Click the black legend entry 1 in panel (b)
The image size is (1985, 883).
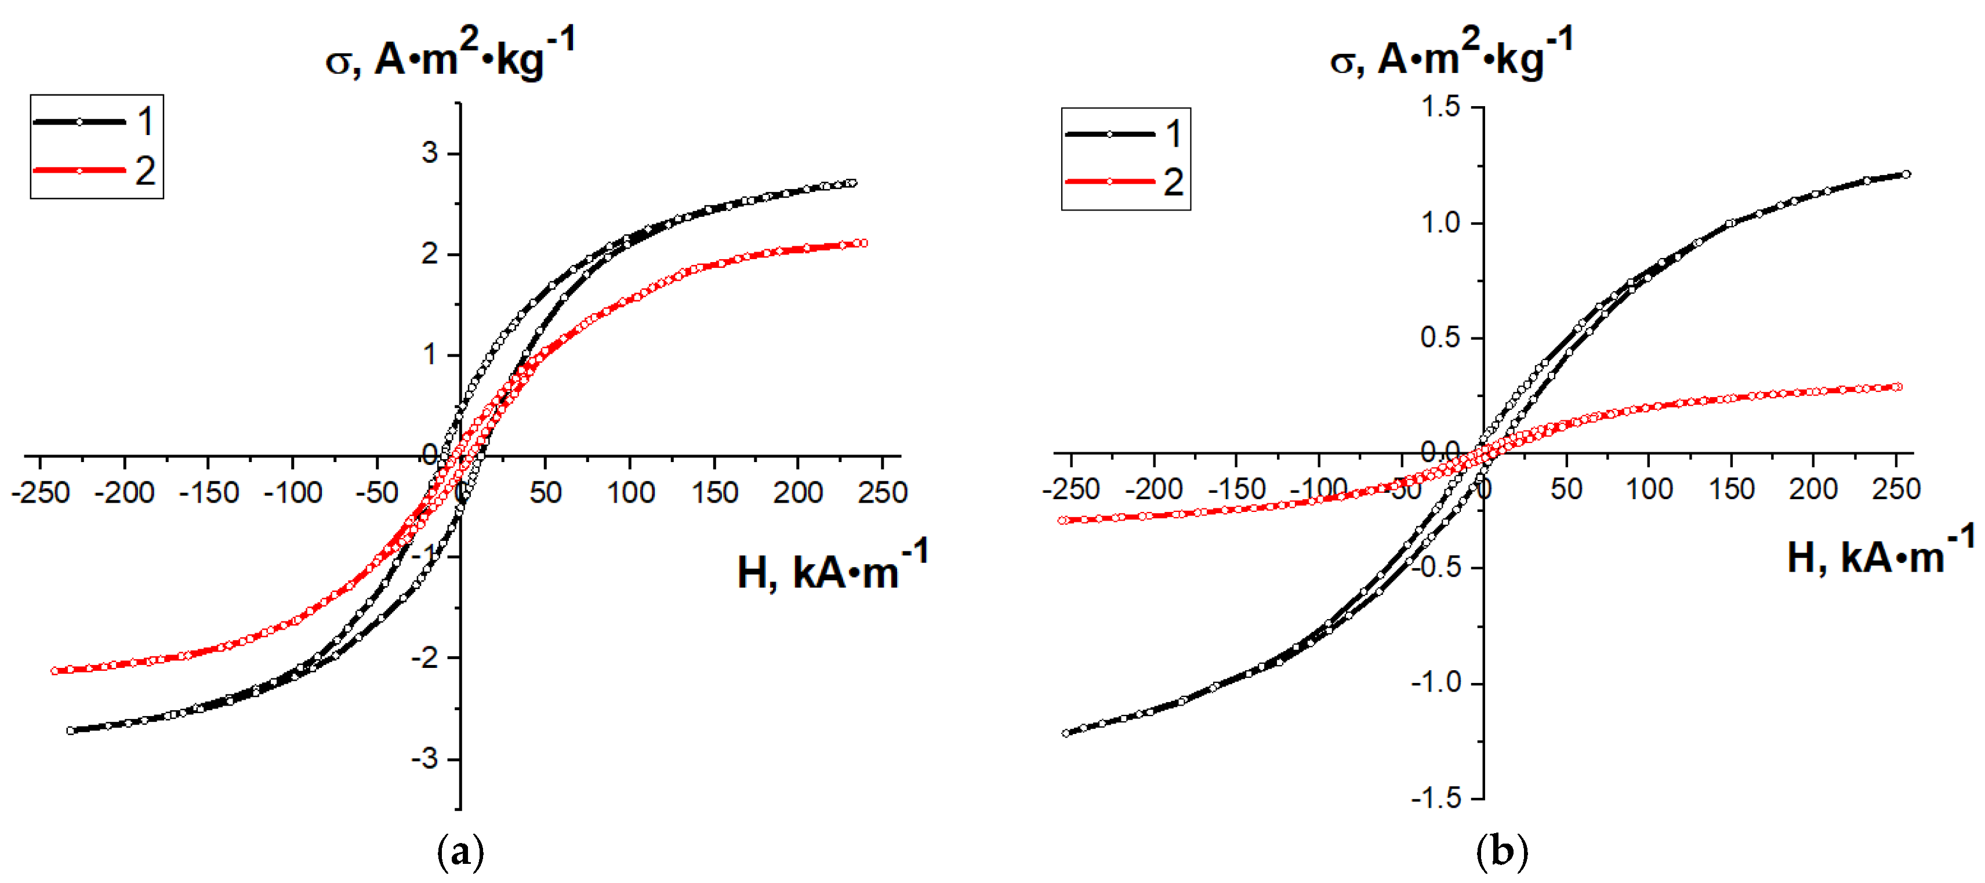point(1125,134)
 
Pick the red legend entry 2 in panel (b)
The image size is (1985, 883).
point(1125,182)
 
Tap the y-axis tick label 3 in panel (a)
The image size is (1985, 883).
point(429,152)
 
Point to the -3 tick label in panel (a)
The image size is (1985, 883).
point(424,758)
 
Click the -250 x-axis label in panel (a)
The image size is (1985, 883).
point(41,492)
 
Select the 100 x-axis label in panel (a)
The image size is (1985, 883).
point(630,492)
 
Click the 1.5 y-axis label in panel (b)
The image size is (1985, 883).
point(1440,107)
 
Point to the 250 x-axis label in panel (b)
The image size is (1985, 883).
point(1896,489)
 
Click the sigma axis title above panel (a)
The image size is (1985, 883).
point(450,54)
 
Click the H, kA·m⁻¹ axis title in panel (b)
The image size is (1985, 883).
point(1880,555)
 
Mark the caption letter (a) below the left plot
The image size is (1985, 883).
point(461,853)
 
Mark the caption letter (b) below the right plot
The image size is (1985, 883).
point(1501,853)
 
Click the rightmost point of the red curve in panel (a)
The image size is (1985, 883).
point(864,244)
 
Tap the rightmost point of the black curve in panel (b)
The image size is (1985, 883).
point(1906,174)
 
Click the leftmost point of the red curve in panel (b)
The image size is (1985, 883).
point(1062,521)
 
